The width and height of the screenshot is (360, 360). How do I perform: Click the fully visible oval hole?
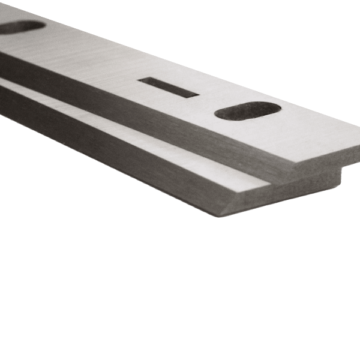[247, 111]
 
